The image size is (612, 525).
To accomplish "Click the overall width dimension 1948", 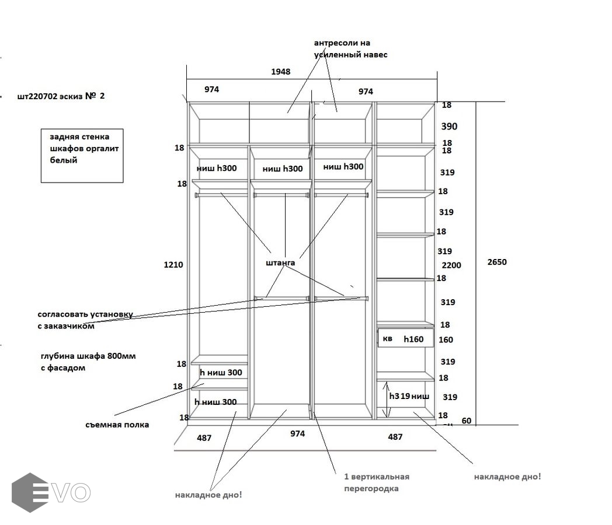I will (x=280, y=72).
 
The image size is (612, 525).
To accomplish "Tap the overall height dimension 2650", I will (x=497, y=262).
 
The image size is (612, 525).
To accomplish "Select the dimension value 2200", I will (x=451, y=265).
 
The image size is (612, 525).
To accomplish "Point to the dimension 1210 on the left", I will (x=173, y=265).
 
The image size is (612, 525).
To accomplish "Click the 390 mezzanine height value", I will (x=450, y=127).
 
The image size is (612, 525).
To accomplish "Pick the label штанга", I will (x=280, y=263).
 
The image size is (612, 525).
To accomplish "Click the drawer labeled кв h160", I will (x=406, y=339).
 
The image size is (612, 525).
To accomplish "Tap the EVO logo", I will (x=51, y=492).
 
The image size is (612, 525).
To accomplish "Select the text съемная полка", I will (x=117, y=425).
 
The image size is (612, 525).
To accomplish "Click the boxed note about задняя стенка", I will (x=82, y=155).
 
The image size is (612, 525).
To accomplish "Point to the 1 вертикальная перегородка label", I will (x=376, y=482).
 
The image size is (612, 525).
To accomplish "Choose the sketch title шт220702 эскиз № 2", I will (x=61, y=97).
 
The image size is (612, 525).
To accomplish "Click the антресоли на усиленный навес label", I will (x=350, y=49).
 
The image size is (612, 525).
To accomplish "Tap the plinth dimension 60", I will (x=467, y=421).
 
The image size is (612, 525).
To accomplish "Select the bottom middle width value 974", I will (x=297, y=433).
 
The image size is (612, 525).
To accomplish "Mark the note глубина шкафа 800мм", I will (x=88, y=362).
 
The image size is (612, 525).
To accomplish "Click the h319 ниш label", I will (x=409, y=397).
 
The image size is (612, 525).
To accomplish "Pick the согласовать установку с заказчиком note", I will (x=85, y=320).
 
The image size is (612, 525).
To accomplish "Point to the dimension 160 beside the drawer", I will (x=446, y=340).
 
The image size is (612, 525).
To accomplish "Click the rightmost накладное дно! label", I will (x=507, y=477).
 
